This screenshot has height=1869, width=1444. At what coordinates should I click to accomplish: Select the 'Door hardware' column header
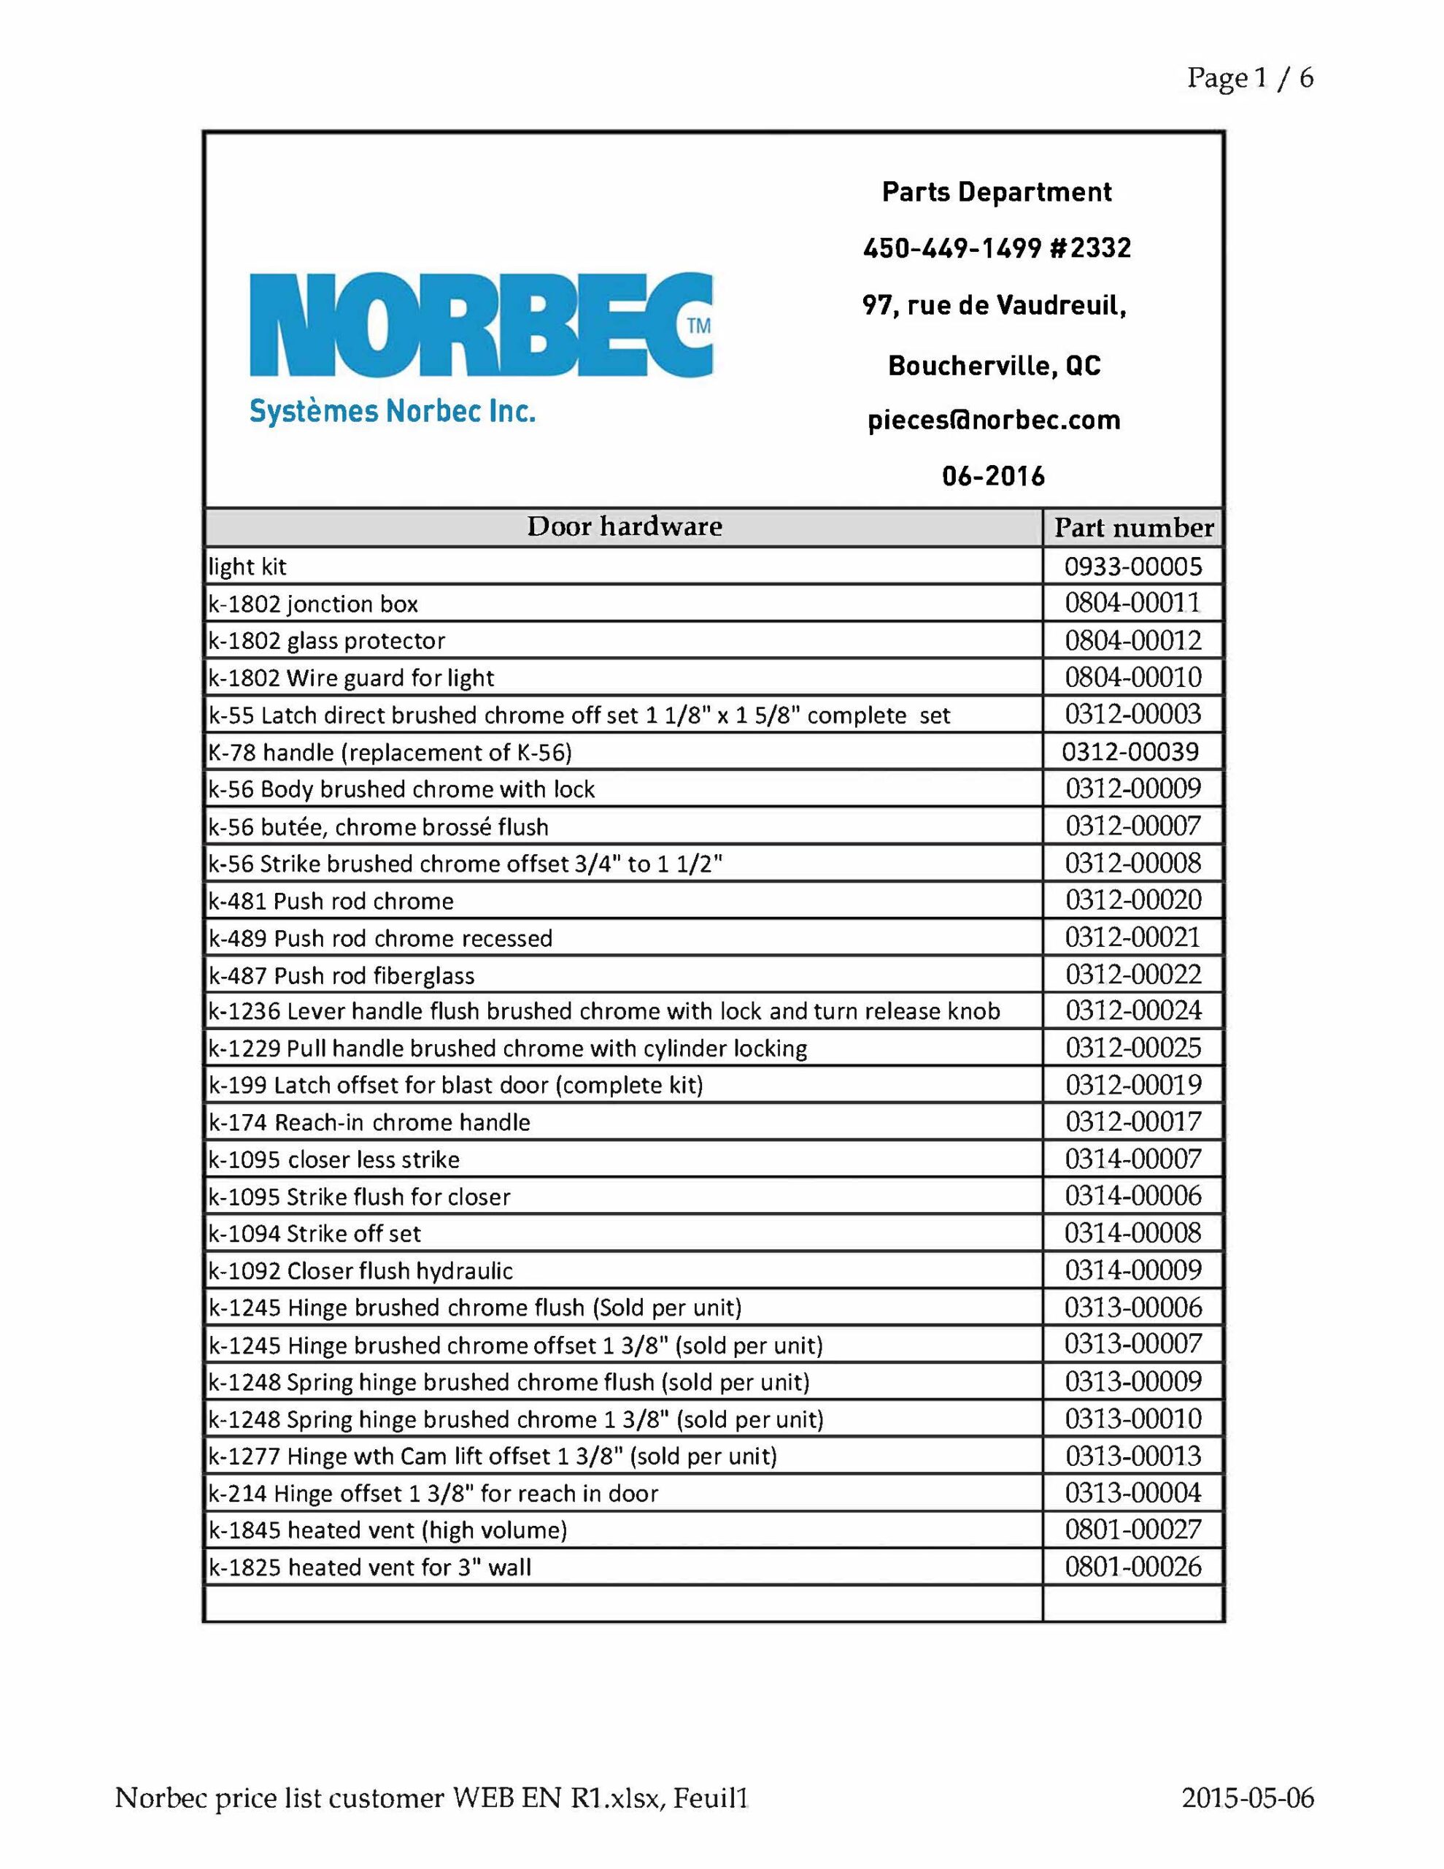pyautogui.click(x=624, y=526)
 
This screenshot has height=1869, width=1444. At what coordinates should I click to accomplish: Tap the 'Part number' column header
pyautogui.click(x=1132, y=527)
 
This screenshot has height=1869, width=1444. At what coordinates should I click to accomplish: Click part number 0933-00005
pyautogui.click(x=1132, y=567)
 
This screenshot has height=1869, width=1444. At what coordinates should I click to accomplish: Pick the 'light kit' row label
pyautogui.click(x=247, y=567)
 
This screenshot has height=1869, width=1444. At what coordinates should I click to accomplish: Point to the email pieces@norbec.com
pyautogui.click(x=993, y=421)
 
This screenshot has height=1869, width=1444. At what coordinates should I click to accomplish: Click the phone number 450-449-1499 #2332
pyautogui.click(x=997, y=248)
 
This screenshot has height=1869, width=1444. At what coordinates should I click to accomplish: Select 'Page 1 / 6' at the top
pyautogui.click(x=1249, y=79)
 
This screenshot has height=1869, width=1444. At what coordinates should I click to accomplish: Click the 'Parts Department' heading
pyautogui.click(x=997, y=192)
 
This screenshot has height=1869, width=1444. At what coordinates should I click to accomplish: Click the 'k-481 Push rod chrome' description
pyautogui.click(x=331, y=901)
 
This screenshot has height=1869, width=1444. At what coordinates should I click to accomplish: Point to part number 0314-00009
pyautogui.click(x=1132, y=1271)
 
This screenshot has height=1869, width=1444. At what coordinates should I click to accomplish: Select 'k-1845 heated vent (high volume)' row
pyautogui.click(x=388, y=1530)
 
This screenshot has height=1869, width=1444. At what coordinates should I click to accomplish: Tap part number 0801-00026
pyautogui.click(x=1132, y=1567)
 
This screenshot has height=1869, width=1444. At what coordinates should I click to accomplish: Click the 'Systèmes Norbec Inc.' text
pyautogui.click(x=392, y=412)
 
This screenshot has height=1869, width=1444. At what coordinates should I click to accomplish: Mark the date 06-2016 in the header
pyautogui.click(x=993, y=476)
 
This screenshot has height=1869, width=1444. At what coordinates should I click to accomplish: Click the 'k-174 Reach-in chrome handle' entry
pyautogui.click(x=369, y=1123)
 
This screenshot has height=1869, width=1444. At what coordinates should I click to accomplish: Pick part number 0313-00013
pyautogui.click(x=1132, y=1457)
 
